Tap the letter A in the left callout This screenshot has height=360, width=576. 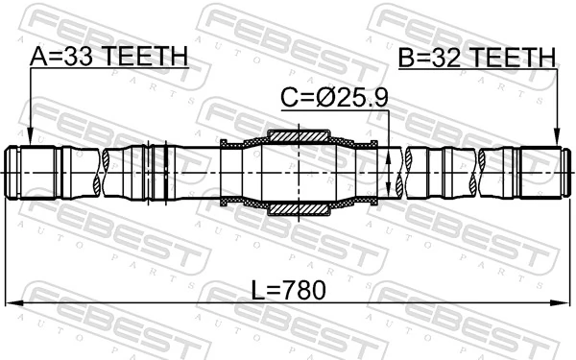pos(38,57)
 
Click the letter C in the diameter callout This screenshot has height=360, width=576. pos(286,96)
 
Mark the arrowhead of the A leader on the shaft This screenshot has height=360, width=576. pos(30,140)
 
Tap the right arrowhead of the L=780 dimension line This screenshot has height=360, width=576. pos(564,302)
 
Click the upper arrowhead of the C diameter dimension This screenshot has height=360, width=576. pos(388,152)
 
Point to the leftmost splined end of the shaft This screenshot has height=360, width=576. pos(29,172)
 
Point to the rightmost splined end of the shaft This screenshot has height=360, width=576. pos(542,172)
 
